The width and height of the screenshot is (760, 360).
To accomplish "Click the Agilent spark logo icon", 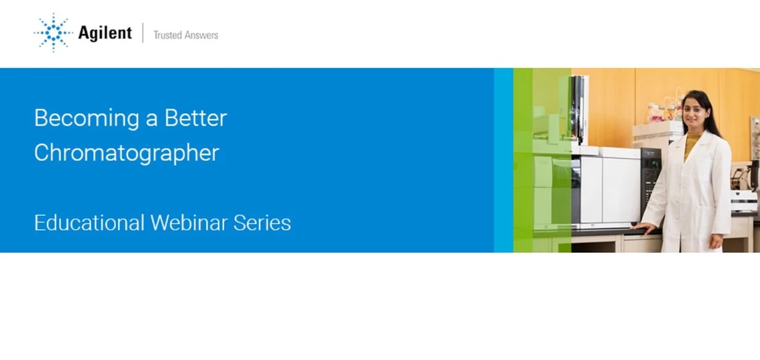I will point(52,33).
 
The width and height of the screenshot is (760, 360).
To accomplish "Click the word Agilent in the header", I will point(104,33).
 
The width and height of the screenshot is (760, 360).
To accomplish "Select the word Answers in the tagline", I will point(202,35).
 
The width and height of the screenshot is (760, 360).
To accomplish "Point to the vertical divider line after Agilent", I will point(143,33).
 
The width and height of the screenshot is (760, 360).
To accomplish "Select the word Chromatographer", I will point(126,152).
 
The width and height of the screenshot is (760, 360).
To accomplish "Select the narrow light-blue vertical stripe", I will point(503,160).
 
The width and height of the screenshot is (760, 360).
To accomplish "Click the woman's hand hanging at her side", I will point(715,242).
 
